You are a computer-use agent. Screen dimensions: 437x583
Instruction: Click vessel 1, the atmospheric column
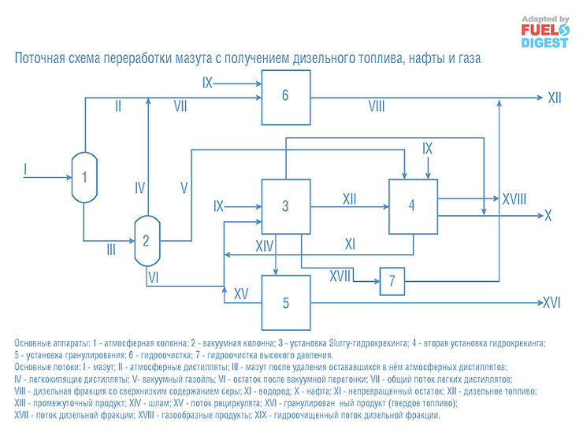pos(84,176)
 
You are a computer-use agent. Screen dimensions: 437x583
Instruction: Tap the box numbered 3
pos(285,206)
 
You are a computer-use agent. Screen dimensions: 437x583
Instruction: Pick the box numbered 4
pos(412,206)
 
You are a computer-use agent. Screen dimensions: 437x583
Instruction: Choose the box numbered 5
pos(285,302)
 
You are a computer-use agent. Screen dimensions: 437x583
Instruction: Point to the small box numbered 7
pos(392,280)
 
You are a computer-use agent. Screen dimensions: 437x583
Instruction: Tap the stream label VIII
pos(377,106)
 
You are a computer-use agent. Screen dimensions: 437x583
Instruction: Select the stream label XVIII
pos(515,200)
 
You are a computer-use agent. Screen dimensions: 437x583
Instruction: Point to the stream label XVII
pos(340,276)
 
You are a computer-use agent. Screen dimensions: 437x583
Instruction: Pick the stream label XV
pos(242,294)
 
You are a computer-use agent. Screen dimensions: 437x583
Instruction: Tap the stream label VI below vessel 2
pos(154,277)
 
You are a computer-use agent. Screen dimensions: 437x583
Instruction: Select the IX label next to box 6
pos(208,81)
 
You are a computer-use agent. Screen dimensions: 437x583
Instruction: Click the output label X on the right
pos(549,216)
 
